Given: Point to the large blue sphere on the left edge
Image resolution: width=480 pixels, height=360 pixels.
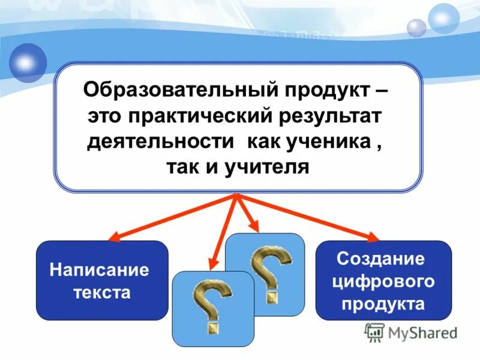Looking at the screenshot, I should (x=26, y=63).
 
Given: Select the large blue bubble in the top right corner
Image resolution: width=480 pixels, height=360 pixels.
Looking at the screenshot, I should (x=444, y=18).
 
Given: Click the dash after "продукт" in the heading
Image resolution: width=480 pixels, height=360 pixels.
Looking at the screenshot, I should (x=382, y=92).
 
